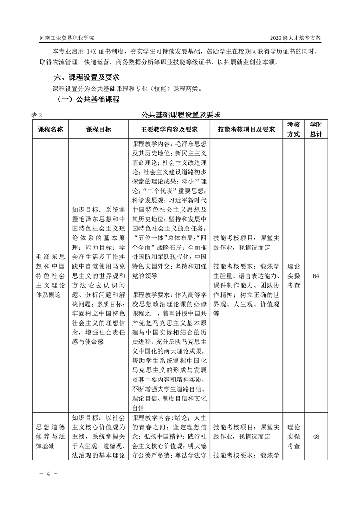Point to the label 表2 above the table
coord(37,115)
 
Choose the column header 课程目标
coord(99,129)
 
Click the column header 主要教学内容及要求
coord(169,129)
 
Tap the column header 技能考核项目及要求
coord(247,129)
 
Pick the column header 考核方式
coord(294,129)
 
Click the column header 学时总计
coord(316,129)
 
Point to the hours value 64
coord(316,276)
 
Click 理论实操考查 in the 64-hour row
coord(294,276)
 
